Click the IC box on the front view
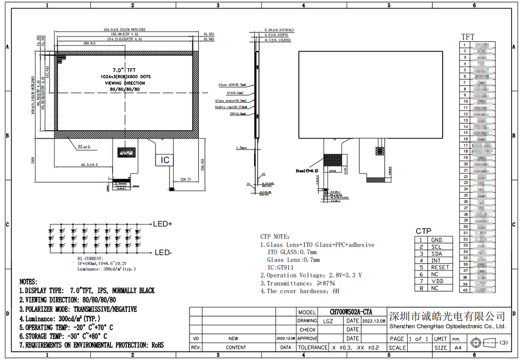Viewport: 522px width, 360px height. point(165,160)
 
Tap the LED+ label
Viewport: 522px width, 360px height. point(163,224)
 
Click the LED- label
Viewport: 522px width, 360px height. point(163,253)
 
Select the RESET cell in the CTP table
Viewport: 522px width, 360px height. point(440,267)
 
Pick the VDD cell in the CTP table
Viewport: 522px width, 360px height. point(437,281)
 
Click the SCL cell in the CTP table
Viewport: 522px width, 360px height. point(436,247)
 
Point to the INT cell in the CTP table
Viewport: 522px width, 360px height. point(436,260)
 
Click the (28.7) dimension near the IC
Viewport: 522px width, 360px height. point(185,179)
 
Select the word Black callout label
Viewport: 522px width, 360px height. point(84,147)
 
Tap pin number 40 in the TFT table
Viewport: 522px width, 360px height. point(465,290)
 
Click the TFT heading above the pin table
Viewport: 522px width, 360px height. point(468,37)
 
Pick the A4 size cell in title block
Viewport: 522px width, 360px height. point(458,347)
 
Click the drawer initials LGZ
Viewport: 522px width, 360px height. point(328,321)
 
